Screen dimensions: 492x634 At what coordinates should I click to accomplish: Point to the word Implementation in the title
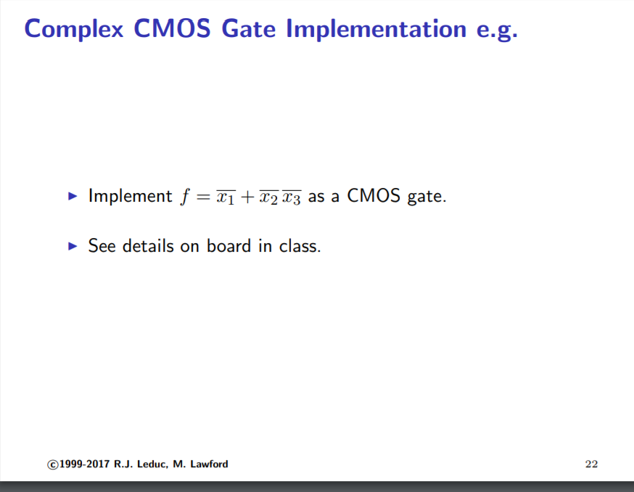376,30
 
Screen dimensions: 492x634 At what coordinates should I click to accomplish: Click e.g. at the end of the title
497,30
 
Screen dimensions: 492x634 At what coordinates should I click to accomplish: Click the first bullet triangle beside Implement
71,196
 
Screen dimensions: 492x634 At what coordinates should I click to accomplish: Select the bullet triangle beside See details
71,246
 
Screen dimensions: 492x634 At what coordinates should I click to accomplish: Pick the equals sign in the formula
201,197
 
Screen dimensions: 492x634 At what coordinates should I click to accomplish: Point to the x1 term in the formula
221,197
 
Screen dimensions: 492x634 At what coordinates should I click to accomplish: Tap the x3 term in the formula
291,197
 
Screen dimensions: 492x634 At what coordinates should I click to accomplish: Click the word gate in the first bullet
426,197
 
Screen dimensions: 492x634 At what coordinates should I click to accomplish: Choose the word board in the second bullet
230,246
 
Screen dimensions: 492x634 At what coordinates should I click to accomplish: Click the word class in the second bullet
299,246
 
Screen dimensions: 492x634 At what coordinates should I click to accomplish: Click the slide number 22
591,464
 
